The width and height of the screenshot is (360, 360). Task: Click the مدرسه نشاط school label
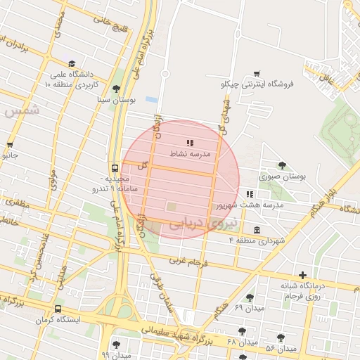(186, 153)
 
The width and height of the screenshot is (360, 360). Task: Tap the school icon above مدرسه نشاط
(189, 143)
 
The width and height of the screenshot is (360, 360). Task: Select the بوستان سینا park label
(117, 100)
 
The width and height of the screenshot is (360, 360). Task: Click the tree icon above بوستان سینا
(116, 89)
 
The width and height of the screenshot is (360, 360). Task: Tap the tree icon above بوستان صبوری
(282, 165)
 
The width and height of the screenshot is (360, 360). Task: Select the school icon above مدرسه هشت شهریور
(249, 194)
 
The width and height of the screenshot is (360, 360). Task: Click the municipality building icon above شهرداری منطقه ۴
(257, 230)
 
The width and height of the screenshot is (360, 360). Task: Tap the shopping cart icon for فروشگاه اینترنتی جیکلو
(257, 74)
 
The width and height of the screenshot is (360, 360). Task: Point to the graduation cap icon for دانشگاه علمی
(73, 63)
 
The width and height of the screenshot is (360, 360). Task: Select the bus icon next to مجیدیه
(113, 168)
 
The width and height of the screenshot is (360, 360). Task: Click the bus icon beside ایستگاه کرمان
(57, 309)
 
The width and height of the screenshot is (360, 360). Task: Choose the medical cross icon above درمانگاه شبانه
(302, 275)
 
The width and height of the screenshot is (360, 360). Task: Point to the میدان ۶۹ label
(249, 308)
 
